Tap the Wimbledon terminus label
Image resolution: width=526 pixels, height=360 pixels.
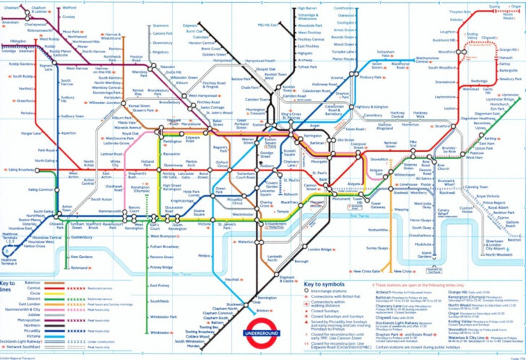point(161,332)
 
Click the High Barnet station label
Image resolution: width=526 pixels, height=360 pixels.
point(308,8)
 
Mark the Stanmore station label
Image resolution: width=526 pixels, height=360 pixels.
point(161,25)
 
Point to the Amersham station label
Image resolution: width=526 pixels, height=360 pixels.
point(11,22)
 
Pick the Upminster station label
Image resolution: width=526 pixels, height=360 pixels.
point(510,95)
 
